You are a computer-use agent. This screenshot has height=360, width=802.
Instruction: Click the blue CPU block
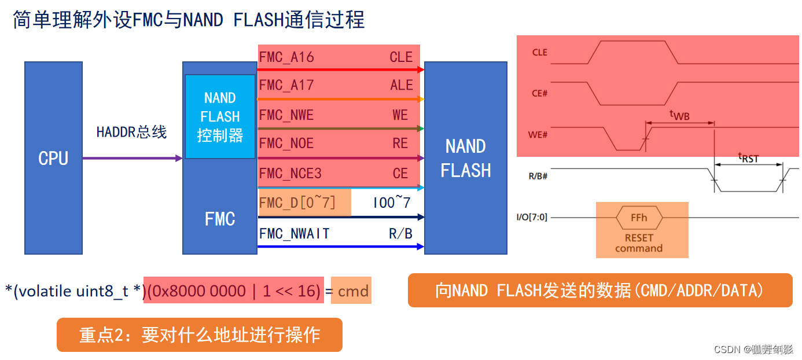[53, 158]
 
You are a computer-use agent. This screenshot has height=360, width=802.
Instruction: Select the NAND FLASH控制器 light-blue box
[220, 117]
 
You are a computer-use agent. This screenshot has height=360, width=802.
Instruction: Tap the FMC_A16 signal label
[286, 57]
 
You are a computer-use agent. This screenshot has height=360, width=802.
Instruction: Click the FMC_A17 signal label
[286, 86]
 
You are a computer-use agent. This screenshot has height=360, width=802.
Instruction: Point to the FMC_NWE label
[286, 115]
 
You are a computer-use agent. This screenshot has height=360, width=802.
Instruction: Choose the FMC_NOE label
[286, 144]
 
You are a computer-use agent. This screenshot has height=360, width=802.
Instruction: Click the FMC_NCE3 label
[290, 174]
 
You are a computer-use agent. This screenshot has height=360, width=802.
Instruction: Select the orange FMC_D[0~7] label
[297, 203]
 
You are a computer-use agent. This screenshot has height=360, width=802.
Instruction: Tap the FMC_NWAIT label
[294, 234]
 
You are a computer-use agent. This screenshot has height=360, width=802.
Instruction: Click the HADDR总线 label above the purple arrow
[131, 133]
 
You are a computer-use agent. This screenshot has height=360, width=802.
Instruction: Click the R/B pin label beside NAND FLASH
[400, 234]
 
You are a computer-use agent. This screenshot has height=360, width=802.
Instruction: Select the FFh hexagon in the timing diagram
[639, 218]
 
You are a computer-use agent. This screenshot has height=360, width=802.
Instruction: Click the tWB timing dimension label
[679, 115]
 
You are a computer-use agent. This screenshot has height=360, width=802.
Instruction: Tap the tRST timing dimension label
[748, 157]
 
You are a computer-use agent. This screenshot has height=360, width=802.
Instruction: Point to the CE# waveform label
[539, 93]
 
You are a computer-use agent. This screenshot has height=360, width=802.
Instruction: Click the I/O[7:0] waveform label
[532, 218]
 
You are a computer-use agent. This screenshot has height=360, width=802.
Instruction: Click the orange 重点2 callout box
[199, 335]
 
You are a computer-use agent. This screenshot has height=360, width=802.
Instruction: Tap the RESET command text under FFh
[639, 243]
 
